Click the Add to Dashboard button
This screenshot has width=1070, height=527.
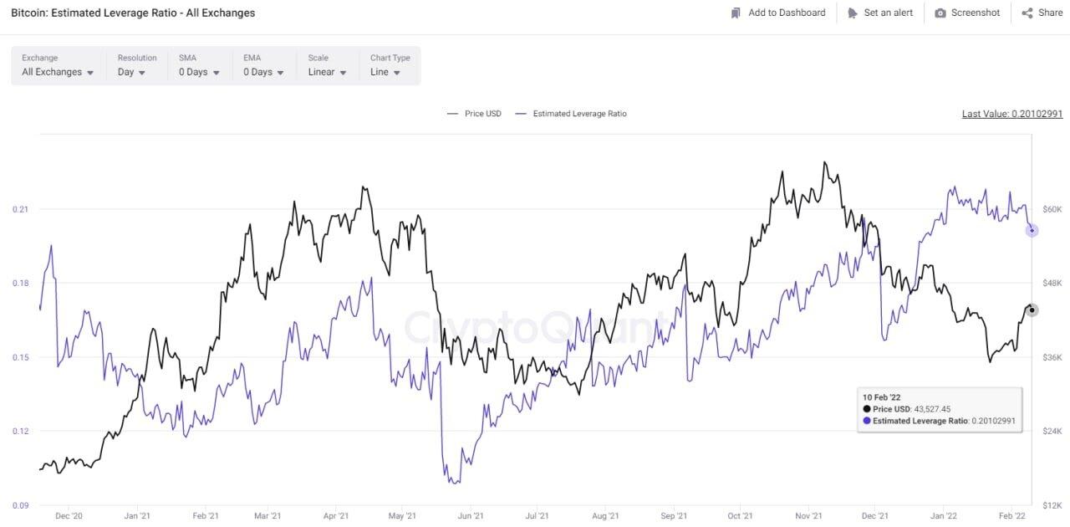[x=777, y=13]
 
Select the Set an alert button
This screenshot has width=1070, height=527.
[x=880, y=13]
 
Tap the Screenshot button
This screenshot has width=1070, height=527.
[x=967, y=13]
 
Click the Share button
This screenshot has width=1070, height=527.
[x=1042, y=13]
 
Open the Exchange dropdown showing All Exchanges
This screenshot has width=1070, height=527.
[x=58, y=72]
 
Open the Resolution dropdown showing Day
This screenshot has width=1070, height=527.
[x=131, y=72]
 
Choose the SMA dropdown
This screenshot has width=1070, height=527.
[x=199, y=72]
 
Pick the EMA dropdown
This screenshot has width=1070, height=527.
[x=263, y=72]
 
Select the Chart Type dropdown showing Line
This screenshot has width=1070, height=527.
[x=385, y=72]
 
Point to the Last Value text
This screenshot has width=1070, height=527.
[x=1011, y=114]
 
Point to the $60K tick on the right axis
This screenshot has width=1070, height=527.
[x=1052, y=209]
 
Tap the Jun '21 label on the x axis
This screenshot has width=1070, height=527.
[x=471, y=517]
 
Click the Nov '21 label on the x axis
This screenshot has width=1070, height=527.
[x=808, y=517]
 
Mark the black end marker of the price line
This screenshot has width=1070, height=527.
[x=1032, y=310]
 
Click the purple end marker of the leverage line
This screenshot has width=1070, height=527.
[x=1032, y=230]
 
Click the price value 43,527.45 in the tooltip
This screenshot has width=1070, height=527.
[x=932, y=409]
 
